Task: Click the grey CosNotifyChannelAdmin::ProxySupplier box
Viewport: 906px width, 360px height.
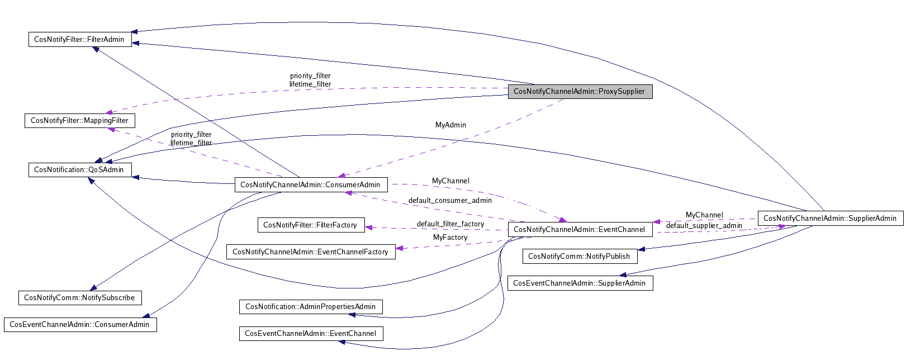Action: tap(580, 92)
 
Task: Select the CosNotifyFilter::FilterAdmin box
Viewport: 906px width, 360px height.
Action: tap(80, 39)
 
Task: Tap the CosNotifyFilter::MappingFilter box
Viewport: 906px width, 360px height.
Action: tap(80, 121)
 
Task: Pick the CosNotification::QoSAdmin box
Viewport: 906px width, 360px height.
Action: tap(80, 169)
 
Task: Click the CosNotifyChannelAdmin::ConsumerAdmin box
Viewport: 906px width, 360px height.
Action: tap(311, 184)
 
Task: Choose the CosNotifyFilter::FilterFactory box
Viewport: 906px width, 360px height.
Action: tap(311, 225)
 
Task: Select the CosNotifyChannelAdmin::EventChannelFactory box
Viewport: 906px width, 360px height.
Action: tap(311, 252)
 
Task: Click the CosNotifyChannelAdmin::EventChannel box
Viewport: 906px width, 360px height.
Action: tap(580, 229)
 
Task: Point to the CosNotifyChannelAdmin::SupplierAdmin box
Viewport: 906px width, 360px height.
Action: tap(831, 218)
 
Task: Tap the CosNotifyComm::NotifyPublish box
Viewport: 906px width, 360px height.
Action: tap(580, 256)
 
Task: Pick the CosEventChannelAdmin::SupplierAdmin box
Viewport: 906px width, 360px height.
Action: tap(580, 283)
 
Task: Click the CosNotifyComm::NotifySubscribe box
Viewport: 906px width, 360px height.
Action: tap(80, 298)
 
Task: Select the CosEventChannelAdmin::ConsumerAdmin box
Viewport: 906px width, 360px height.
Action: tap(80, 324)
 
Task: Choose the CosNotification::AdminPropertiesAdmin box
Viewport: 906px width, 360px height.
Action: tap(311, 306)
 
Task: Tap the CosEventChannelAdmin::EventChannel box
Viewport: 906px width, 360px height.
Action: tap(311, 333)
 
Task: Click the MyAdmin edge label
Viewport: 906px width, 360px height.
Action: tap(450, 125)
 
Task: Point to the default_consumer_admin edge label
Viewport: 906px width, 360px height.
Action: tap(450, 200)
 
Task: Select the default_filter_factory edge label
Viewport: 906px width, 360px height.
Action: tap(450, 224)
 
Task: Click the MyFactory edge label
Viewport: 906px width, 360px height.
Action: tap(450, 238)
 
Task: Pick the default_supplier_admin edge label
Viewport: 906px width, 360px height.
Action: tap(704, 225)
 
